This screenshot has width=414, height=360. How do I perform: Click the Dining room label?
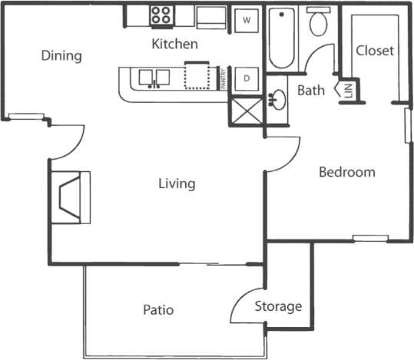coord(61,56)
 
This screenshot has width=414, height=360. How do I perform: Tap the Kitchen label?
coord(174,44)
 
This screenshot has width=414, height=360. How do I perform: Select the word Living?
coord(177,184)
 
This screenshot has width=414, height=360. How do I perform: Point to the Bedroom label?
coord(347,172)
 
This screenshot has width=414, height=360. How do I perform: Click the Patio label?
coord(158,310)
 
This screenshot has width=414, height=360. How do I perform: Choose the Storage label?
coord(278,307)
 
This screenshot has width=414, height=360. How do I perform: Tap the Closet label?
coord(376,51)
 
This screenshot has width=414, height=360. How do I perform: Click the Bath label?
coord(311,91)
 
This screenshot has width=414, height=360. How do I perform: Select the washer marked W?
coord(247,20)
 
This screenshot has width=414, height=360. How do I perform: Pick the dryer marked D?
coord(247,78)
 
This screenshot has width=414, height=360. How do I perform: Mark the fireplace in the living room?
coord(71,197)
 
